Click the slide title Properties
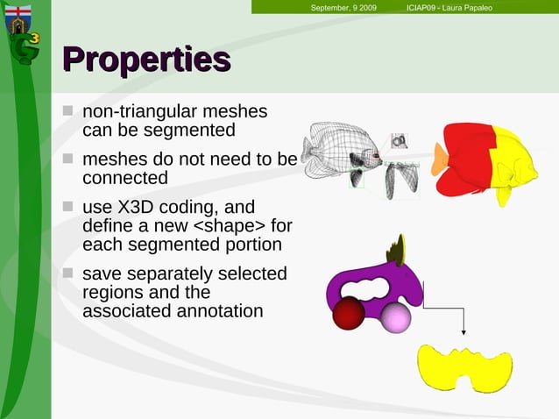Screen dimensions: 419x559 [146, 60]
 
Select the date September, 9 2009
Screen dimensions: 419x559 [343, 8]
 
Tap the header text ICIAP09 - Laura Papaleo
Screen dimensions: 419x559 [455, 8]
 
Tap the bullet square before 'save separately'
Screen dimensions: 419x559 [68, 273]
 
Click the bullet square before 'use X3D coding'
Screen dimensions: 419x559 [68, 208]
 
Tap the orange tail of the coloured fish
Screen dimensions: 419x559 [439, 159]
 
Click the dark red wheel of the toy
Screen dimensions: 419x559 [349, 313]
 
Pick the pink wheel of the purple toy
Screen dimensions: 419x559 [395, 318]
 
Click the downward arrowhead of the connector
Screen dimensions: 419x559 [463, 332]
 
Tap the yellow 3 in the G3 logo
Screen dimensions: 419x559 [33, 39]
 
